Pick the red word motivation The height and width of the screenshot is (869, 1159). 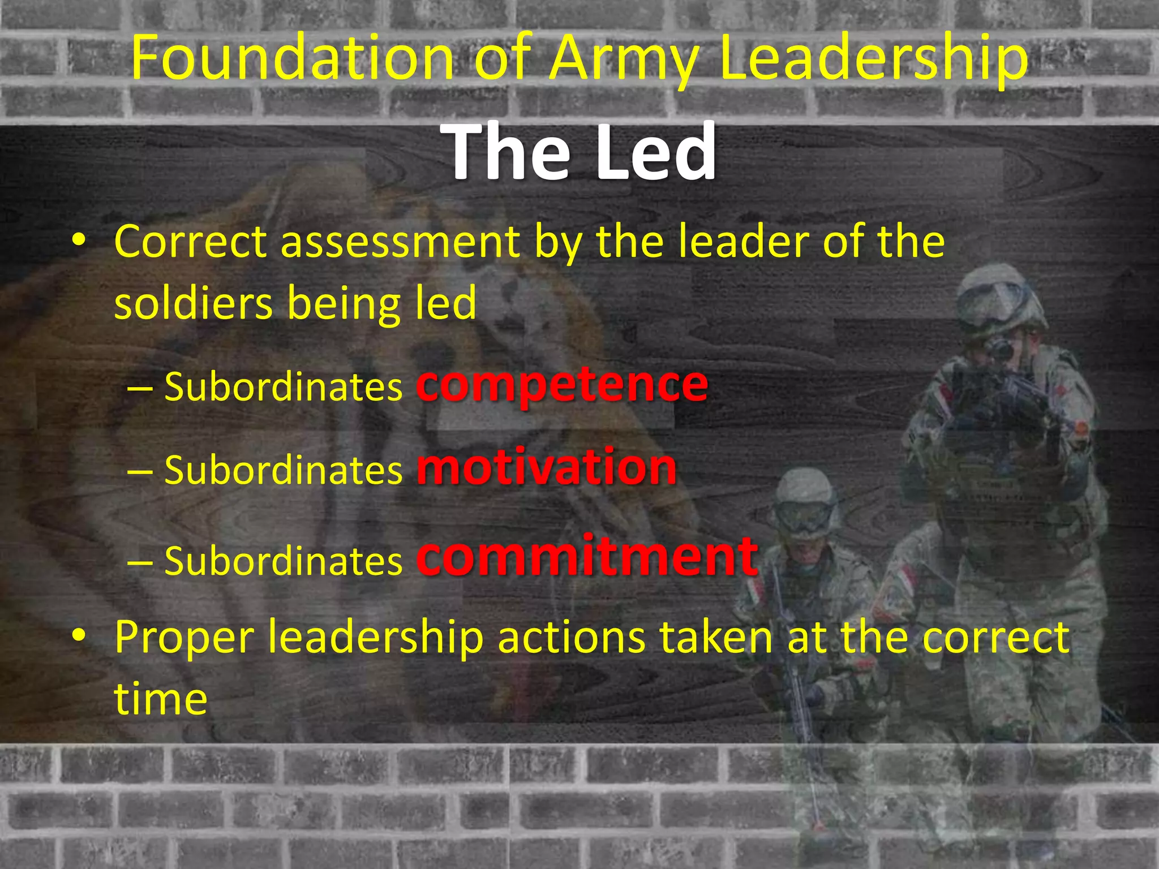tap(547, 467)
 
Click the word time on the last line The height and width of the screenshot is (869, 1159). tap(161, 699)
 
